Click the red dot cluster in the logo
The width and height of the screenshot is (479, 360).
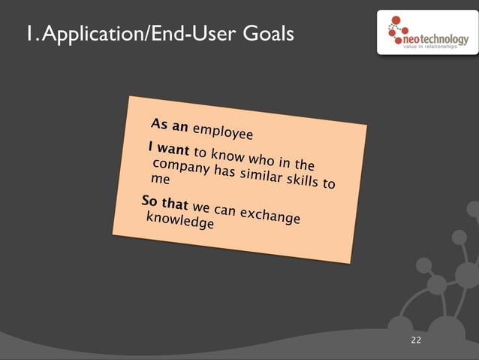click(396, 31)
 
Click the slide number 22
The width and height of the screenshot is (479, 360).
click(416, 341)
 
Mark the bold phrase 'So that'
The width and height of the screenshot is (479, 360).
click(164, 202)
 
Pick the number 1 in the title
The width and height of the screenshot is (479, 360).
click(27, 35)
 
